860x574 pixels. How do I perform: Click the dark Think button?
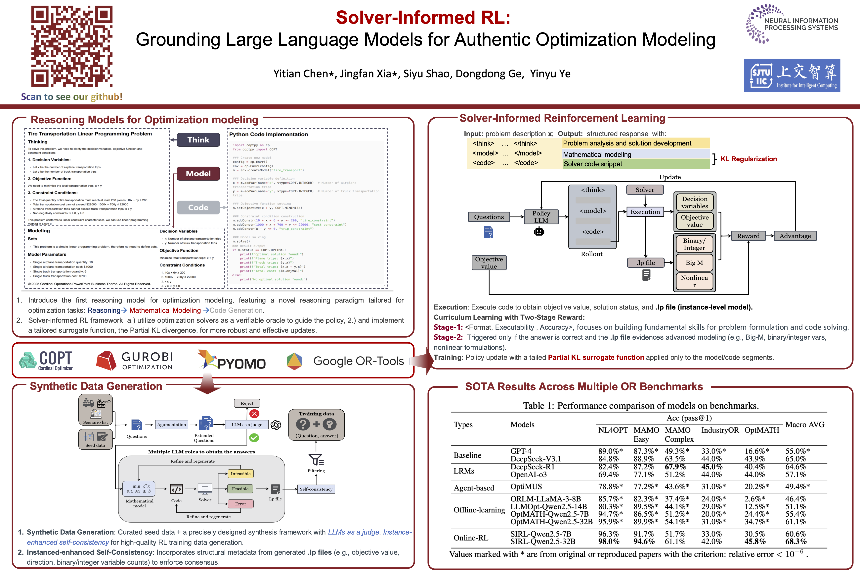198,140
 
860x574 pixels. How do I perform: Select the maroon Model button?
198,174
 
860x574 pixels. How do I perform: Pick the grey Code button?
198,207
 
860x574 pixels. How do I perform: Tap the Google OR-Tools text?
358,361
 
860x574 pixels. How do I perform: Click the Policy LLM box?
541,217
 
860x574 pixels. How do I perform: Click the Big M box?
694,263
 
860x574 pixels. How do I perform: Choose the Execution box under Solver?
645,212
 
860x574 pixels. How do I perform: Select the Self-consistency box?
316,489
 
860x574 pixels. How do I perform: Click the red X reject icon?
254,414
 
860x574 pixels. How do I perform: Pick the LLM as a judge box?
247,425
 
